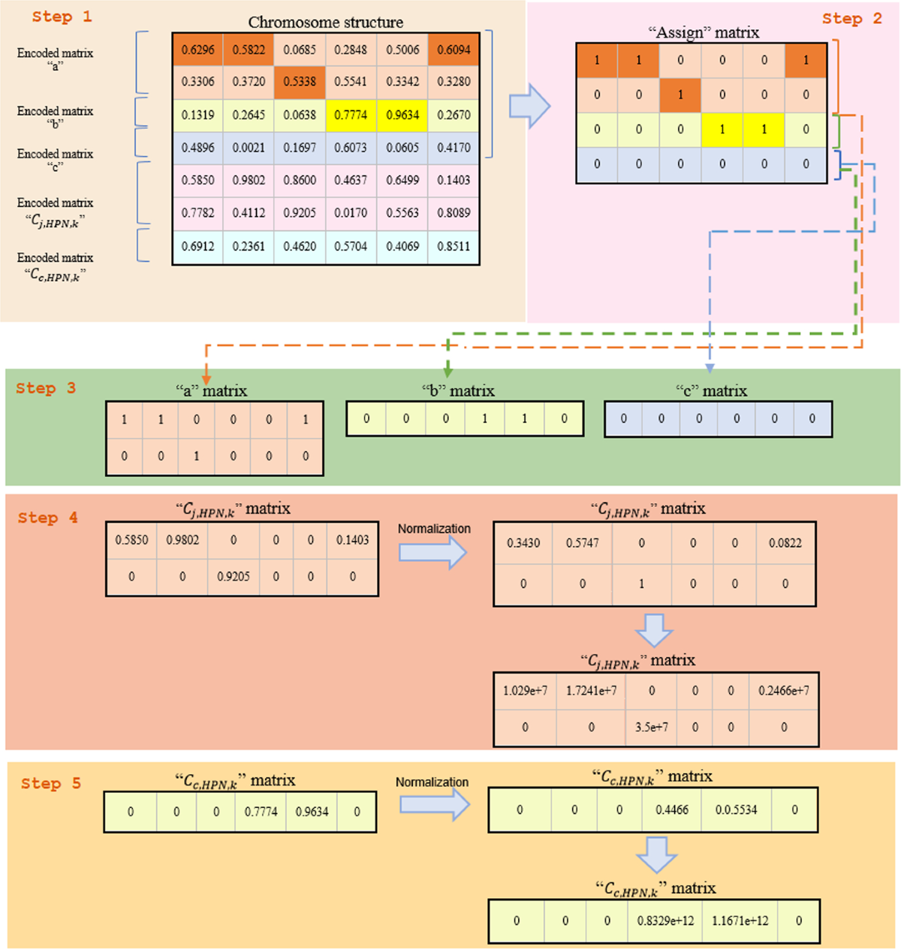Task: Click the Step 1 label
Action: tap(62, 17)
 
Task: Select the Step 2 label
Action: tap(852, 19)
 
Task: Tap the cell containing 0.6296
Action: tap(197, 50)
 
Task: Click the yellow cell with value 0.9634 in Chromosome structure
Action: tap(402, 115)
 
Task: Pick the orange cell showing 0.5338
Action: tap(300, 82)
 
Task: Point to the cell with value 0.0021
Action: tap(249, 148)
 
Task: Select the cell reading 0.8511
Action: tap(454, 246)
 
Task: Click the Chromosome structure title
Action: tap(325, 22)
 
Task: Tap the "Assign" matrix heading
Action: tap(703, 32)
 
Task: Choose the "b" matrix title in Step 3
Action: tap(458, 391)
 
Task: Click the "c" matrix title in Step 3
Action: tap(711, 391)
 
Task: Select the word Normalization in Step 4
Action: tap(434, 529)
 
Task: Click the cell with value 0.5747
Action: tap(582, 543)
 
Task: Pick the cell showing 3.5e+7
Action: tap(651, 727)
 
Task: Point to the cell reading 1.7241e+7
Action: tap(591, 690)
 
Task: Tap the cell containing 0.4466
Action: tap(672, 809)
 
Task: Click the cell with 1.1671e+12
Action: tap(740, 920)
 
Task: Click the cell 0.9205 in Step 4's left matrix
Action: tap(234, 577)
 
